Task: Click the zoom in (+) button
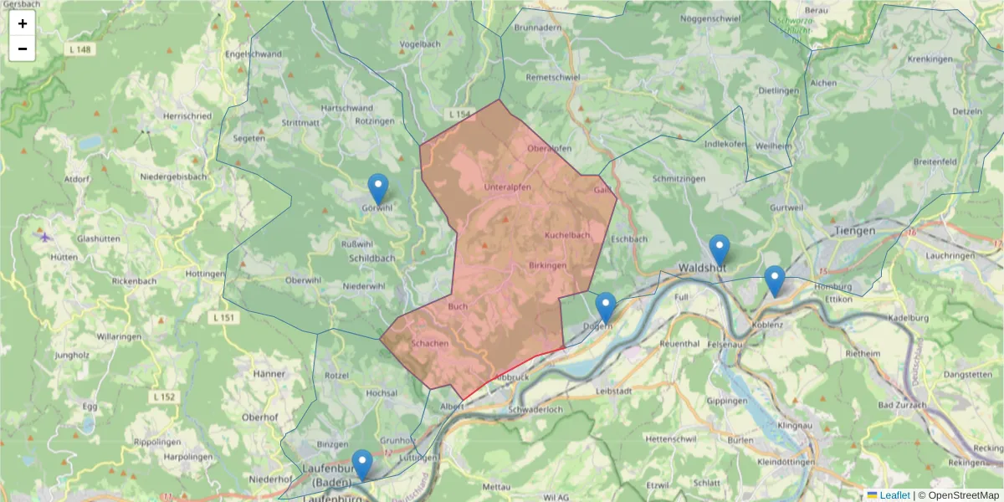(x=23, y=23)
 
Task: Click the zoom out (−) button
(x=23, y=49)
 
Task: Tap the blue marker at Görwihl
(x=378, y=188)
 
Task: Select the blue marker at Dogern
(x=606, y=307)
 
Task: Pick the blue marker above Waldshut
(x=720, y=249)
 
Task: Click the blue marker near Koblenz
(x=775, y=280)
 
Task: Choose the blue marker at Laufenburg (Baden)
(x=362, y=464)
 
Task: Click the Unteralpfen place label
(x=508, y=187)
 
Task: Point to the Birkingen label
(x=548, y=265)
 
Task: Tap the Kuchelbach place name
(x=567, y=236)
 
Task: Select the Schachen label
(x=430, y=344)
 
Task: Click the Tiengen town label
(x=854, y=230)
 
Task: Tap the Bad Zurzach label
(x=903, y=406)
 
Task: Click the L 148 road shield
(x=79, y=50)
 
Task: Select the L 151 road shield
(x=225, y=318)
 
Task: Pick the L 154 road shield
(x=460, y=114)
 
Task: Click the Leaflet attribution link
(x=894, y=495)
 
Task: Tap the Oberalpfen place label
(x=550, y=149)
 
